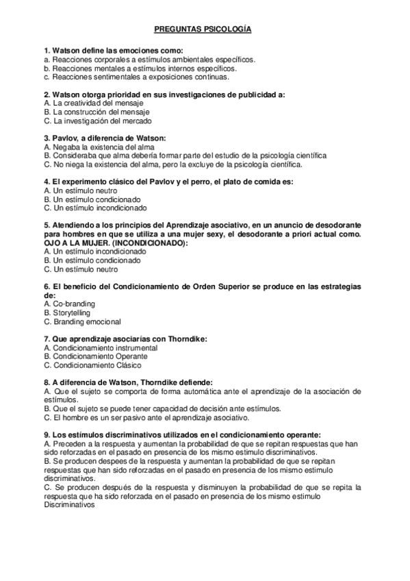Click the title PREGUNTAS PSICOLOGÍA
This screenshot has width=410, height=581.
(205, 30)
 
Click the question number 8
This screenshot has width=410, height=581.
(46, 382)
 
